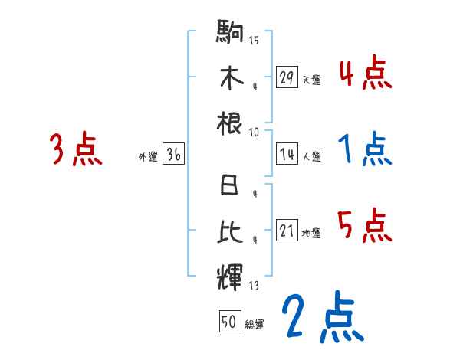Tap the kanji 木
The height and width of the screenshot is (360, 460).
point(230,78)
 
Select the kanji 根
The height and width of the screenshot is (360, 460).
point(230,123)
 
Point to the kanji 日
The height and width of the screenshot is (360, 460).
point(230,187)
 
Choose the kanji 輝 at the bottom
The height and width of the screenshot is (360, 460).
point(230,274)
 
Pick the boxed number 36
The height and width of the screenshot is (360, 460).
point(173,155)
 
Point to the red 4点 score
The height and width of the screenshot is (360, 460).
point(365,74)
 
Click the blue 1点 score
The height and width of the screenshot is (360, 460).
point(365,149)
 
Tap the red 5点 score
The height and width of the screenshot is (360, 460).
point(365,226)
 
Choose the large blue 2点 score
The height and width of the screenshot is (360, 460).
point(321,316)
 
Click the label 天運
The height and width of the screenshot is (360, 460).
point(311,80)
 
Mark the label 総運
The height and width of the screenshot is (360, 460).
point(255,325)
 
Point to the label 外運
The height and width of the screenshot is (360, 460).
point(148,157)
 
